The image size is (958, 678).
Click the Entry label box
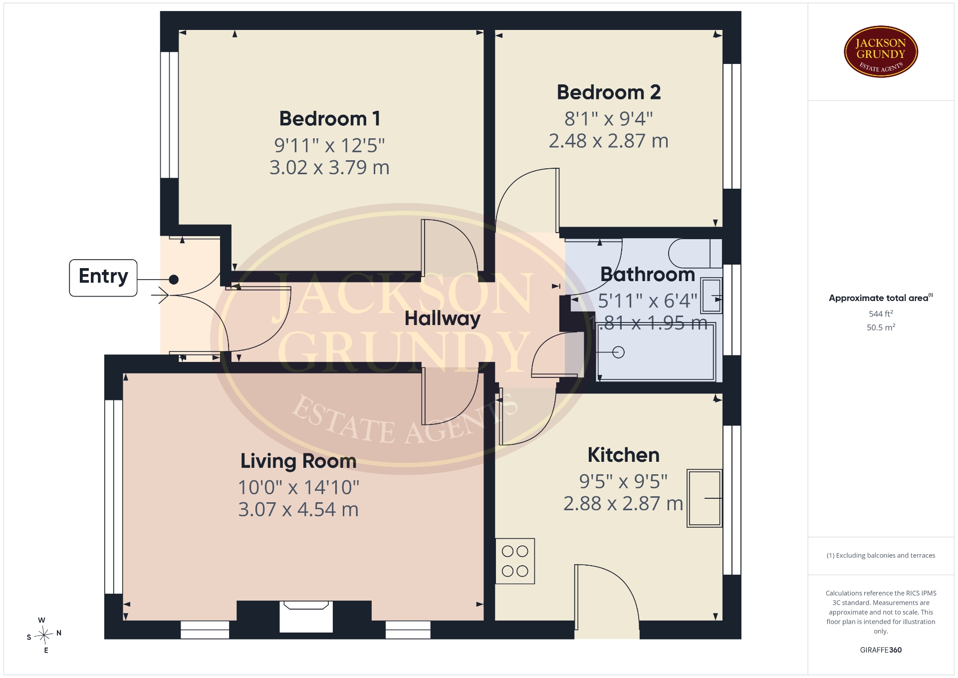(x=103, y=278)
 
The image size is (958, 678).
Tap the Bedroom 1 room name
(x=330, y=119)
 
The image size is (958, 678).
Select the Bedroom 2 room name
(x=609, y=92)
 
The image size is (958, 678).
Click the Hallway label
(x=443, y=319)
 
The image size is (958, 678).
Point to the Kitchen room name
(x=624, y=455)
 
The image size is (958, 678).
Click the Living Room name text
(x=298, y=461)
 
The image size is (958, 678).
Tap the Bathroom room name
(x=648, y=274)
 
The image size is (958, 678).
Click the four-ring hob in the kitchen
(x=515, y=561)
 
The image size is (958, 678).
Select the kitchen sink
(x=705, y=498)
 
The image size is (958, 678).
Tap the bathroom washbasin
(x=712, y=296)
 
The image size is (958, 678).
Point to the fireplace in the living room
(x=306, y=617)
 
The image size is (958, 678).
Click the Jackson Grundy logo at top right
(x=881, y=52)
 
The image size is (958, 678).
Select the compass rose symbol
(x=44, y=635)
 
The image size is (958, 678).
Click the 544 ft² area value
(x=881, y=314)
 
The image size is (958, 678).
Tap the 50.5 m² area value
(x=881, y=328)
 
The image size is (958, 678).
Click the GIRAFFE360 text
(x=881, y=650)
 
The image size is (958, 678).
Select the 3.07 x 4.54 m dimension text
(x=298, y=510)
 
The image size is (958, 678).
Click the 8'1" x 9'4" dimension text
(x=609, y=119)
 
